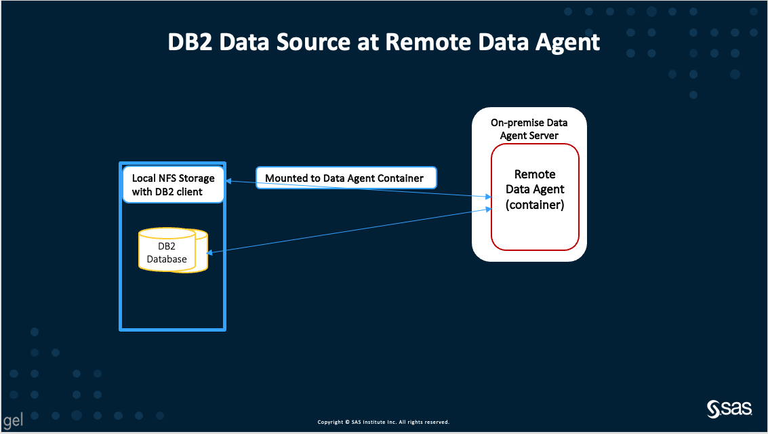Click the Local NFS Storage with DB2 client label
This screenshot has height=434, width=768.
tap(173, 184)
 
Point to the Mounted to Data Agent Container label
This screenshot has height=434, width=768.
tap(344, 178)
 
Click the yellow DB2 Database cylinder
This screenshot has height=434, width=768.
tap(172, 252)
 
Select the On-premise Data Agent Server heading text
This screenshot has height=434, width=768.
tap(529, 129)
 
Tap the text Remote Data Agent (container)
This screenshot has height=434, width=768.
tap(535, 189)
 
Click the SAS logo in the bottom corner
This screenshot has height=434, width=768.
tap(729, 409)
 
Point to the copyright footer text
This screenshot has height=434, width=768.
tap(384, 422)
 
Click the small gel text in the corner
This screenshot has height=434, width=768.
tap(13, 420)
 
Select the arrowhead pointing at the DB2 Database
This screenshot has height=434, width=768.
tap(210, 253)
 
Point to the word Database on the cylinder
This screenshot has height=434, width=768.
tap(167, 258)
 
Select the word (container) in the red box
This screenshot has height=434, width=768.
tap(535, 204)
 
